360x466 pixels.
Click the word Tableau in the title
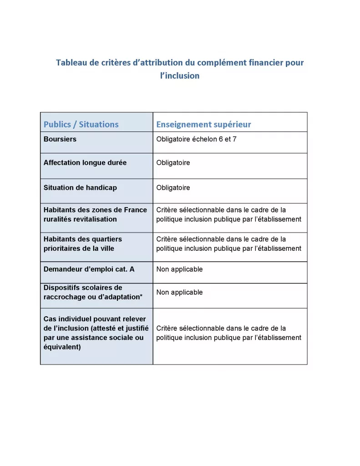pyautogui.click(x=71, y=63)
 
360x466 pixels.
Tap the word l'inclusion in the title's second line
pyautogui.click(x=180, y=76)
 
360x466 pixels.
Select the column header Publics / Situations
pyautogui.click(x=81, y=124)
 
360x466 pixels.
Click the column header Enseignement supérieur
pyautogui.click(x=203, y=124)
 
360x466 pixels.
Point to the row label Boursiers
pyautogui.click(x=60, y=139)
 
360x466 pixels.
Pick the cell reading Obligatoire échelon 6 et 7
pyautogui.click(x=196, y=139)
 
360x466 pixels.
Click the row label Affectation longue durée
pyautogui.click(x=85, y=162)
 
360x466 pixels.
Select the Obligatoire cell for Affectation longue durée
pyautogui.click(x=173, y=162)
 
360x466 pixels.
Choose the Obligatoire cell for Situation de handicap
pyautogui.click(x=173, y=187)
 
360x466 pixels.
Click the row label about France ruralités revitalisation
pyautogui.click(x=95, y=214)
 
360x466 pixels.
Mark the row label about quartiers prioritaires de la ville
pyautogui.click(x=83, y=243)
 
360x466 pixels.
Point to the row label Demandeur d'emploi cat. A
pyautogui.click(x=89, y=269)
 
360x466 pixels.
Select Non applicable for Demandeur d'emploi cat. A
pyautogui.click(x=179, y=269)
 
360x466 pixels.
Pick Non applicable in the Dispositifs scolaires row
pyautogui.click(x=179, y=292)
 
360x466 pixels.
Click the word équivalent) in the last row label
pyautogui.click(x=62, y=347)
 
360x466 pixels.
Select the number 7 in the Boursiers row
pyautogui.click(x=234, y=139)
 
